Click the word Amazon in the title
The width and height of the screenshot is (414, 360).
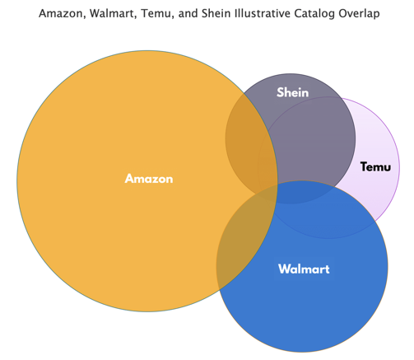60,14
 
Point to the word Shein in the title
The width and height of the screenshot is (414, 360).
216,13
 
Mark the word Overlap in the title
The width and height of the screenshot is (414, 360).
359,14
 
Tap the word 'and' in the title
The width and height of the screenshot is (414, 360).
188,13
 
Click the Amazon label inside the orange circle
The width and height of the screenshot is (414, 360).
149,179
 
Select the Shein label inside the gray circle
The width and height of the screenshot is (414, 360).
293,92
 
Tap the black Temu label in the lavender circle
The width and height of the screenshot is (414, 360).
375,166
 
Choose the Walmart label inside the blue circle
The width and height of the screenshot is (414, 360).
304,269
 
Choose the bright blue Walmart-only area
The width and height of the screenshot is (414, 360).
315,302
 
